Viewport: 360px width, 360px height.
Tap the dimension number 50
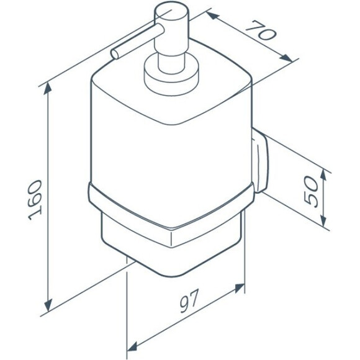(x=311, y=192)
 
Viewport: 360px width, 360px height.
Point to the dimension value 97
(x=189, y=301)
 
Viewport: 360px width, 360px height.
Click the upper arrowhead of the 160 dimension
(x=48, y=88)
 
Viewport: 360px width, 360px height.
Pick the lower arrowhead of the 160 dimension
(x=48, y=305)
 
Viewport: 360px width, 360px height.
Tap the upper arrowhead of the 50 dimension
(x=323, y=176)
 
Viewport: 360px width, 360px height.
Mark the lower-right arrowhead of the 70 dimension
(x=286, y=58)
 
